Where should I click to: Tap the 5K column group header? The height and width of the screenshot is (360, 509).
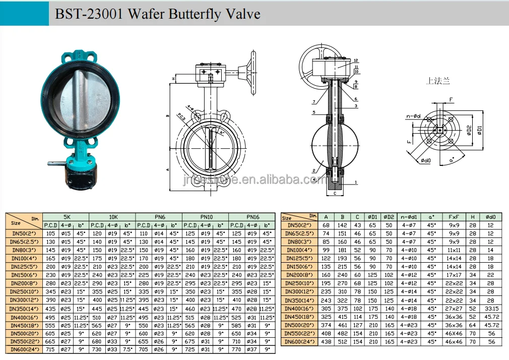[x=67, y=217]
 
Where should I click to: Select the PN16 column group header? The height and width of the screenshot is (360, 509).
[x=252, y=217]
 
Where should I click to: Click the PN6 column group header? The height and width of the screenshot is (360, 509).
[x=159, y=217]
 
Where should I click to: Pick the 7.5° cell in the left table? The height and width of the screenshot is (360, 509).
[x=127, y=349]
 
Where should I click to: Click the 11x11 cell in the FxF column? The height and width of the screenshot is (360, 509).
[x=454, y=250]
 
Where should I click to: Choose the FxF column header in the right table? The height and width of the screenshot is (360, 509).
[x=454, y=217]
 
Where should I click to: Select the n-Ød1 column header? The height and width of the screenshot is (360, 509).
[x=409, y=217]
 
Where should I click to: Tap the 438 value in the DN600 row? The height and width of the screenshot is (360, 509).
[x=327, y=342]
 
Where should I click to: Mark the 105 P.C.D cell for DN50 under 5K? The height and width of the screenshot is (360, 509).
[x=51, y=233]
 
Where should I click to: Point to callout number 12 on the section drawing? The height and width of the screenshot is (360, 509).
[x=356, y=60]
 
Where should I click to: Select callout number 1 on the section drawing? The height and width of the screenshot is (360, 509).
[x=356, y=182]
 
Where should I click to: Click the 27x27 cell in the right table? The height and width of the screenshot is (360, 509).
[x=454, y=309]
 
